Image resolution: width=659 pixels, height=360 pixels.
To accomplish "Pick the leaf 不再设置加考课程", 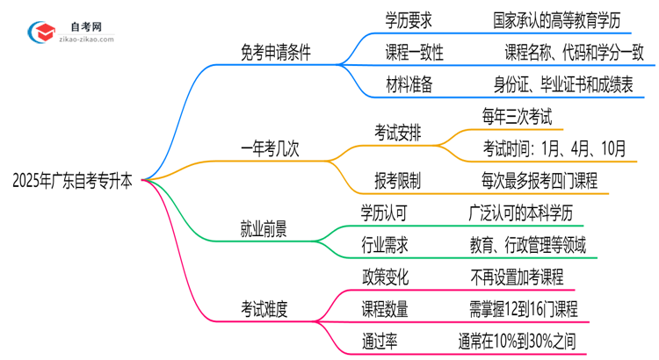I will click(517, 277).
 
